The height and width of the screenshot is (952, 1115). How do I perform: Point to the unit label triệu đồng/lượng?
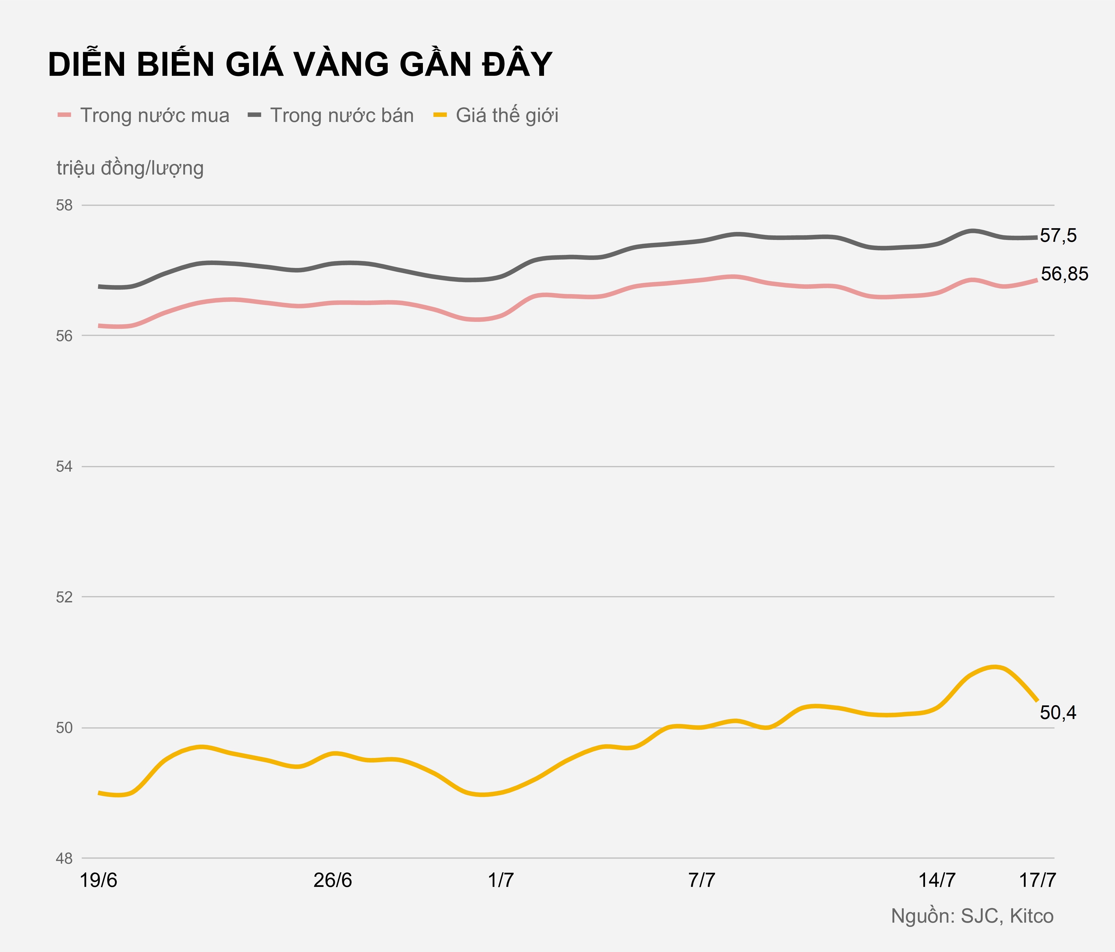130,168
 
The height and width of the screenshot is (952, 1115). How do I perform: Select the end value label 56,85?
1064,274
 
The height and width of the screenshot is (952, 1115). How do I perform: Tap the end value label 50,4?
1058,713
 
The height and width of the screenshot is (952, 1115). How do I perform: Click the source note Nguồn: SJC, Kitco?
972,916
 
